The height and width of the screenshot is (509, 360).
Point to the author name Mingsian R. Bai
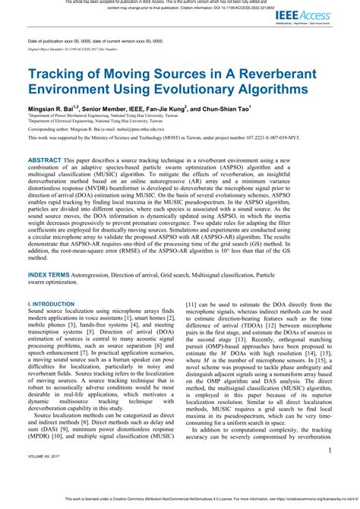[53, 109]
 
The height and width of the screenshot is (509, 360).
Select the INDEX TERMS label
[53, 271]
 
